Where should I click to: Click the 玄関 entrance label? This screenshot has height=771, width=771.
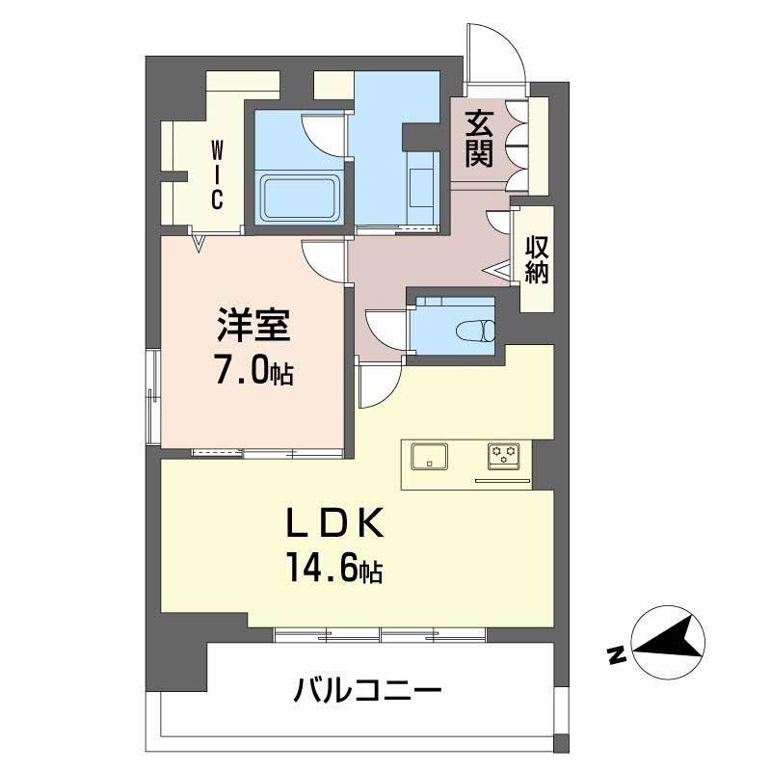pos(478,140)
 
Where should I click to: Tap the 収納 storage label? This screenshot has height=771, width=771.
pos(536,259)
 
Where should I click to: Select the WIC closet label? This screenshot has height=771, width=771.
pos(218,174)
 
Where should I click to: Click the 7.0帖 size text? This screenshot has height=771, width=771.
pos(253,371)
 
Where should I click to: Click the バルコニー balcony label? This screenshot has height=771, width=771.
pos(368,691)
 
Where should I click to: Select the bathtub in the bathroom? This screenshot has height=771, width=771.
pos(300,199)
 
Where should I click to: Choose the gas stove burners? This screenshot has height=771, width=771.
pos(503,455)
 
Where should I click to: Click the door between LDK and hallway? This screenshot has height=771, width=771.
pos(378,385)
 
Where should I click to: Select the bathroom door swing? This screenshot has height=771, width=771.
pos(323,135)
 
